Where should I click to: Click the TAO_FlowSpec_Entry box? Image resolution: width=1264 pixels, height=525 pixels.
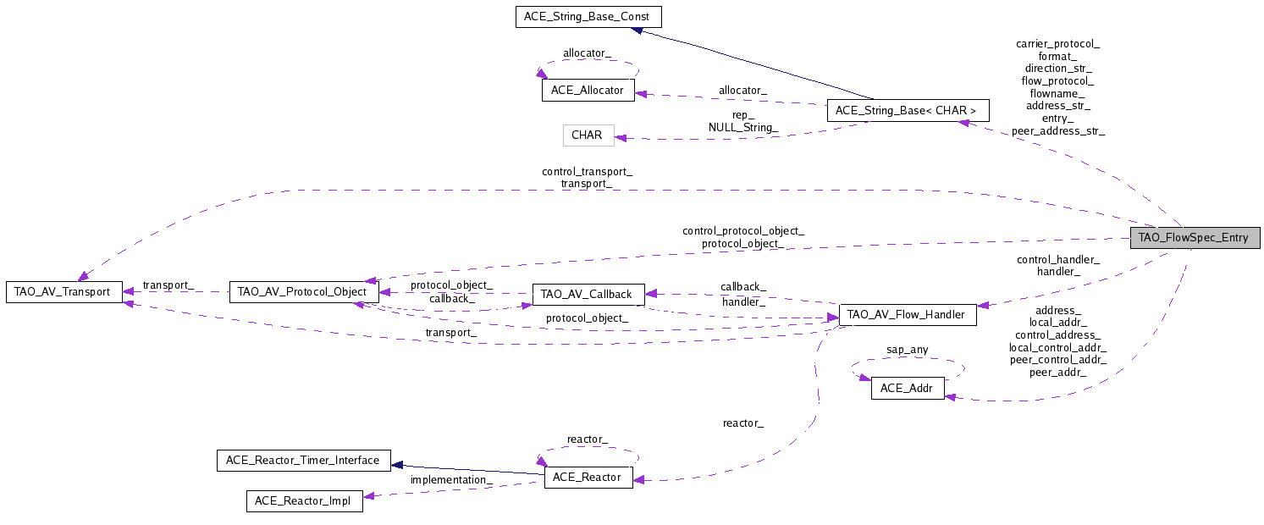[x=1194, y=237]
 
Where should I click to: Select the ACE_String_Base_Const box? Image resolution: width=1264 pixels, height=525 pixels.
[x=588, y=17]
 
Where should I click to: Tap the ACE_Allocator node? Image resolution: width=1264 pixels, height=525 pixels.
[x=588, y=91]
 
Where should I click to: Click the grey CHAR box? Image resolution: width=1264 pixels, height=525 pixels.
[x=588, y=135]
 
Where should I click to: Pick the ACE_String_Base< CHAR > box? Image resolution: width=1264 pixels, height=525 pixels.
[x=906, y=110]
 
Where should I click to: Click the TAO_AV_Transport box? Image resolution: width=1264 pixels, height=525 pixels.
[x=63, y=292]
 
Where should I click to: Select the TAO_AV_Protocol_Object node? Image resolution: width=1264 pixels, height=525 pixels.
[x=302, y=292]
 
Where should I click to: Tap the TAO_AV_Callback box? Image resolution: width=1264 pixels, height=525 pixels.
[x=587, y=295]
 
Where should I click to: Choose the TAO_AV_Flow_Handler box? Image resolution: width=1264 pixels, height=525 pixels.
[x=906, y=315]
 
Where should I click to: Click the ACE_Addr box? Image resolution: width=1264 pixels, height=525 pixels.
[x=908, y=389]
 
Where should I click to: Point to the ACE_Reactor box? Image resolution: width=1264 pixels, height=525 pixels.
[x=588, y=478]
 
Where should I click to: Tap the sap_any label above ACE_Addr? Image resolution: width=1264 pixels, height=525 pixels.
[x=907, y=349]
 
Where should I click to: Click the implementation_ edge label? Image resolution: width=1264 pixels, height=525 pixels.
[x=451, y=480]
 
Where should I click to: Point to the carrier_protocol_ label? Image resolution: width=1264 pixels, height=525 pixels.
[x=1057, y=42]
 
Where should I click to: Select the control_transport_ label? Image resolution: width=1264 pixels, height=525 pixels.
[x=587, y=171]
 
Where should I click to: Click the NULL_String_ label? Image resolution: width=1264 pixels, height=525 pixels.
[x=742, y=127]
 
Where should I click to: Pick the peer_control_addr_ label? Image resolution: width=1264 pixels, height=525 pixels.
[x=1057, y=359]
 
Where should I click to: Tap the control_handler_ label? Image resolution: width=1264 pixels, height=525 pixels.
[x=1057, y=259]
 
